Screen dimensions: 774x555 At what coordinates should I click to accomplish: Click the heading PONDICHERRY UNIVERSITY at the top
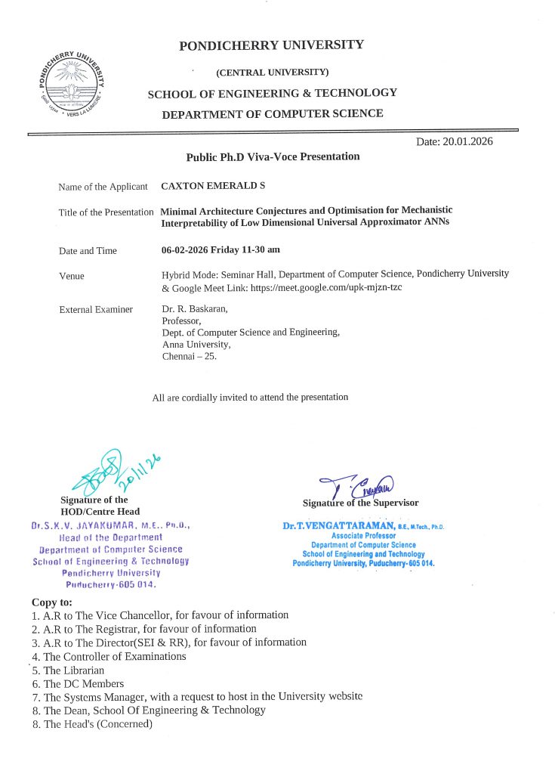271,45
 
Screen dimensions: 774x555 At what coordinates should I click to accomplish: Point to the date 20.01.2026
454,141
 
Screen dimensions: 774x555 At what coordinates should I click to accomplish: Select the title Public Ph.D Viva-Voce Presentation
273,157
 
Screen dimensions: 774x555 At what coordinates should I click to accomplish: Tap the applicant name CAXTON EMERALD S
203,186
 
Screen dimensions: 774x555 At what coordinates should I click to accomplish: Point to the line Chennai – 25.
190,356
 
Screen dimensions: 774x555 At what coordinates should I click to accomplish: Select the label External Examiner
96,309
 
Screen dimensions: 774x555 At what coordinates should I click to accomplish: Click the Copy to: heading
52,602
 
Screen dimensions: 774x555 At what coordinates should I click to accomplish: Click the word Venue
72,276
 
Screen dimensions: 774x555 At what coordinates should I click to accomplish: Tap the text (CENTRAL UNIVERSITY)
272,73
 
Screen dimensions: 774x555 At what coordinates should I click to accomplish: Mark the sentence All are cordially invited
250,397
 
